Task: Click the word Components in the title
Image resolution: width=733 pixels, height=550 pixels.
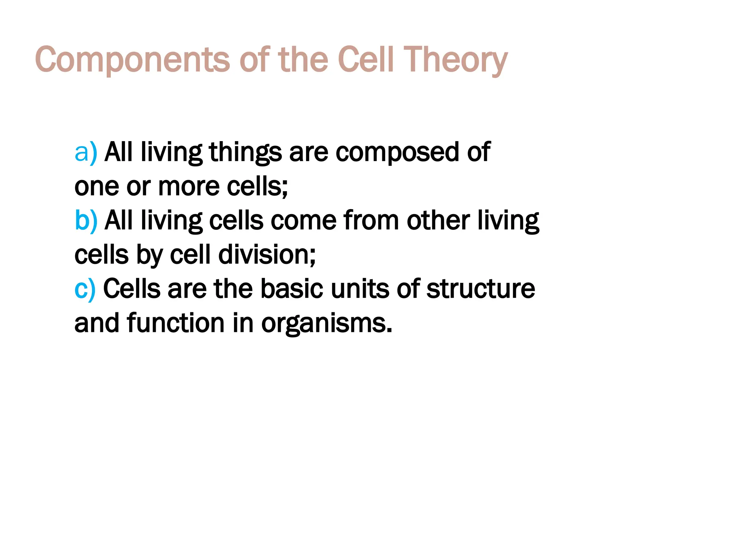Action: click(132, 60)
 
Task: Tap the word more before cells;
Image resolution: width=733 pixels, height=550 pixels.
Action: click(189, 187)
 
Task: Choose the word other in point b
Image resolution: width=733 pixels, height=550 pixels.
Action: click(438, 220)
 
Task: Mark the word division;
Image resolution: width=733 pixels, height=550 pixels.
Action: click(267, 255)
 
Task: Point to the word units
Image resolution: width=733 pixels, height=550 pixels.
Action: click(360, 289)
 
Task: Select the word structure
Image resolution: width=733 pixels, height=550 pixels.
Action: click(480, 289)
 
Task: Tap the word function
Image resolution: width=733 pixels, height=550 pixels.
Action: click(175, 323)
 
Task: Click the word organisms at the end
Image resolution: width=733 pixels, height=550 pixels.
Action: click(326, 323)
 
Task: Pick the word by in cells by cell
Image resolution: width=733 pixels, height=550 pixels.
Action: click(149, 255)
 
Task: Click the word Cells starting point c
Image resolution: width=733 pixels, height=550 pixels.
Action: click(132, 289)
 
